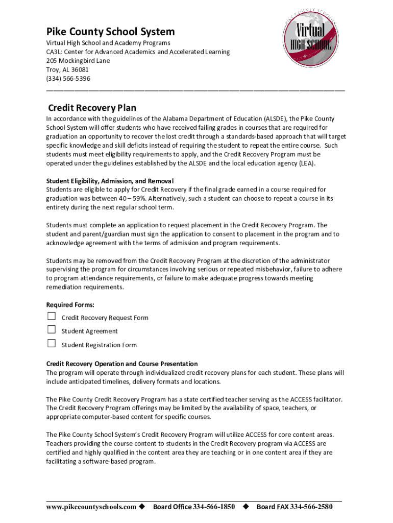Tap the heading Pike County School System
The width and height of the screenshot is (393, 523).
coord(110,32)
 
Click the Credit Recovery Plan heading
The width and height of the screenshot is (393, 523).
coord(92,108)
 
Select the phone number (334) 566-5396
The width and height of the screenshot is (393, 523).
coord(68,78)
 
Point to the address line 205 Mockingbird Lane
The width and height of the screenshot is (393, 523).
coord(78,60)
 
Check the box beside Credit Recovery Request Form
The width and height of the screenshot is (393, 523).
coord(52,317)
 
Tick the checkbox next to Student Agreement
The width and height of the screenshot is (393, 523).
coord(52,330)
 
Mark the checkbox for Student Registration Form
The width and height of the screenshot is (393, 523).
coord(52,344)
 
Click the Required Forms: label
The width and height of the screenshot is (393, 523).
coord(70,304)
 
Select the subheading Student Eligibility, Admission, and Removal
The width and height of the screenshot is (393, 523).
coord(110,181)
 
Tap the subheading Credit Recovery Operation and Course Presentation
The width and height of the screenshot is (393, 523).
coord(122,364)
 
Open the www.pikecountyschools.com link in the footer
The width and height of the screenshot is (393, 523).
coord(91,507)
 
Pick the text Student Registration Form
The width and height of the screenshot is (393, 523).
coord(99,345)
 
